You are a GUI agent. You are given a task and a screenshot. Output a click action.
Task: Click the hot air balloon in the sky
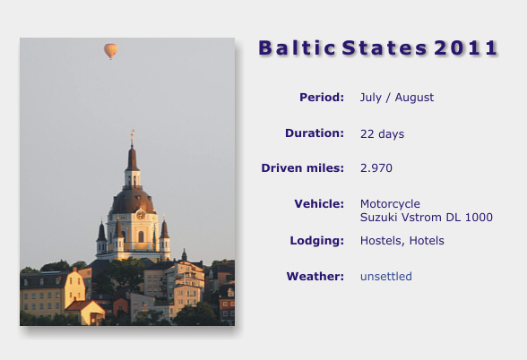coord(110,51)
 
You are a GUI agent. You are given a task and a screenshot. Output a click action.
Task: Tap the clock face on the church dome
coord(141,214)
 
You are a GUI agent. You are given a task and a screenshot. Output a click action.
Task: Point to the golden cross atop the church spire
coord(132,134)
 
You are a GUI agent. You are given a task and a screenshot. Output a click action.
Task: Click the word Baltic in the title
coord(298,47)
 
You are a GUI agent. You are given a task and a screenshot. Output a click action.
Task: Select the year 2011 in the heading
coord(465,47)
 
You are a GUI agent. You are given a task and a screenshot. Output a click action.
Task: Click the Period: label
coord(322,97)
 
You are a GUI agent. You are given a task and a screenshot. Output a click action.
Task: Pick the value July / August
coord(397,98)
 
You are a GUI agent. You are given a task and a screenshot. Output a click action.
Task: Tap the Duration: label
coord(315,133)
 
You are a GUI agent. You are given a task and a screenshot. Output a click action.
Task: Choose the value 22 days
coord(382,134)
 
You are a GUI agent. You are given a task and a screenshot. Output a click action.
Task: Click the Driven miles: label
coord(303,168)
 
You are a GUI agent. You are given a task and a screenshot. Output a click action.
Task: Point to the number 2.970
coord(376,168)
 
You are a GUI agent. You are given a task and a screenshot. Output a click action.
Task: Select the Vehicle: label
coord(319,203)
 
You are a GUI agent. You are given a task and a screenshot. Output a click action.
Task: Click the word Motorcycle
coord(390,204)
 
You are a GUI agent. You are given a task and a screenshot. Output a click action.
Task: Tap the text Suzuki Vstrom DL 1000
coord(427,218)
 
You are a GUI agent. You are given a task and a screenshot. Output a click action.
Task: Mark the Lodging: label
coord(317,240)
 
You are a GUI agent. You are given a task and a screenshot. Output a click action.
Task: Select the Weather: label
coord(315,277)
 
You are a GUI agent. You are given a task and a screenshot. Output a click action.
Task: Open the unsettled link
coord(386,277)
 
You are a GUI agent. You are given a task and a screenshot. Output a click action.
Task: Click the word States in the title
coord(384,47)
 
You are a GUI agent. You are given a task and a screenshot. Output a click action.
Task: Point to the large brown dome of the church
coord(133,201)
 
